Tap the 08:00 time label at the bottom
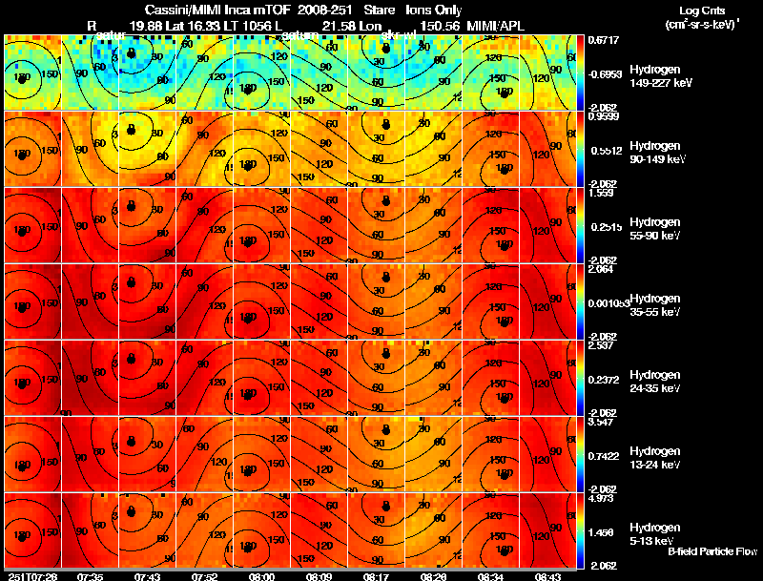pos(261,576)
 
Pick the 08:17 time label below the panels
pos(377,576)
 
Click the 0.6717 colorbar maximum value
pos(604,40)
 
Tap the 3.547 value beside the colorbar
pos(604,421)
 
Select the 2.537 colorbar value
pos(604,344)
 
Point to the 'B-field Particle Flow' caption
pos(711,552)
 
